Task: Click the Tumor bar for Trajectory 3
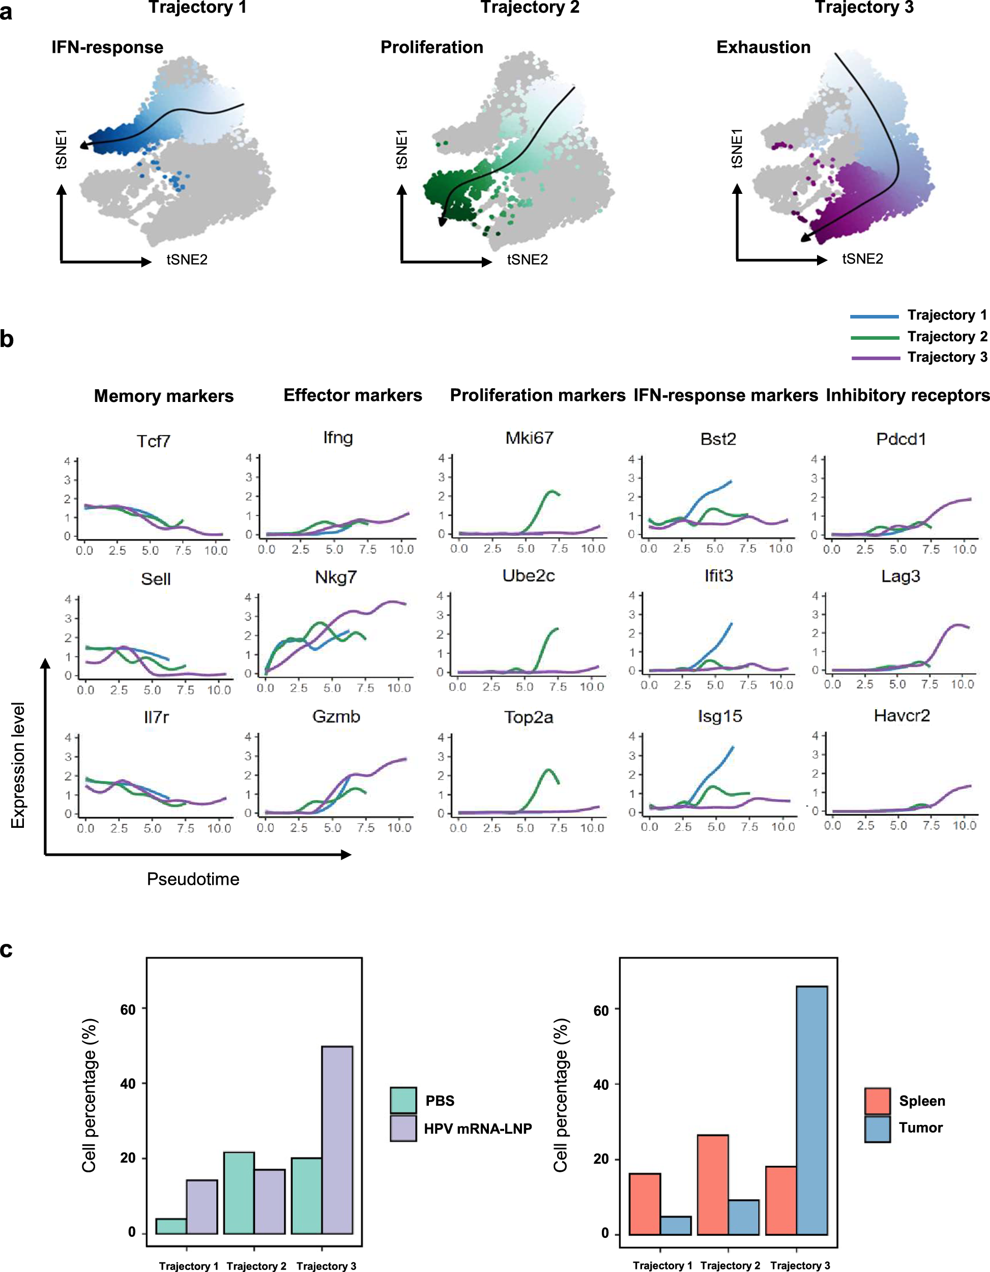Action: [x=812, y=1110]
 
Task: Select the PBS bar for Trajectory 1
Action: [x=171, y=1226]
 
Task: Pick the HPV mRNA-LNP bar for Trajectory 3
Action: [x=337, y=1140]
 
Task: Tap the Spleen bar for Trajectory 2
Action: [x=713, y=1184]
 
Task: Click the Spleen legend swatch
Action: [x=877, y=1101]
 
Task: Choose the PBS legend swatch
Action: [x=403, y=1100]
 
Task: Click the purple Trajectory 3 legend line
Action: [x=875, y=358]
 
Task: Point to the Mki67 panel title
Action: [x=529, y=438]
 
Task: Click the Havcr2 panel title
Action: [x=901, y=715]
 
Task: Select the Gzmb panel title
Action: [x=336, y=716]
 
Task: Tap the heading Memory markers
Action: [x=164, y=396]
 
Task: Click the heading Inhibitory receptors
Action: [x=907, y=395]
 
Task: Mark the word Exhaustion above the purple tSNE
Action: [x=763, y=47]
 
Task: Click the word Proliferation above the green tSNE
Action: [x=431, y=47]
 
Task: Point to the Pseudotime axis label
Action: [x=193, y=879]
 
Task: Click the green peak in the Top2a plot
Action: [x=548, y=770]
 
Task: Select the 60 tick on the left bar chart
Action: [x=128, y=1009]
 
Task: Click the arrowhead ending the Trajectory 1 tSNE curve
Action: [x=84, y=145]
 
